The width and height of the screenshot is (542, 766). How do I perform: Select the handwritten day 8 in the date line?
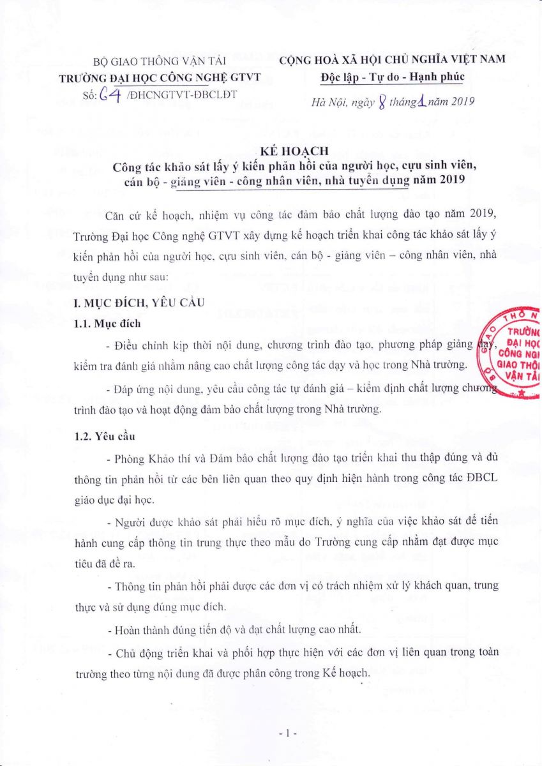coord(381,101)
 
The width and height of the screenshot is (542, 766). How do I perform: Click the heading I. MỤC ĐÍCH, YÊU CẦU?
coord(139,303)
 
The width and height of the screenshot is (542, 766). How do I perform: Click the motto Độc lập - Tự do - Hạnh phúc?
coord(392,77)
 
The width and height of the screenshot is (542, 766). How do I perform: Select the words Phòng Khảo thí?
coord(149,460)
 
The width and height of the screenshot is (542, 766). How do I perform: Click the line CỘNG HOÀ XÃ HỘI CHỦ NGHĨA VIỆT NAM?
coord(392,59)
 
